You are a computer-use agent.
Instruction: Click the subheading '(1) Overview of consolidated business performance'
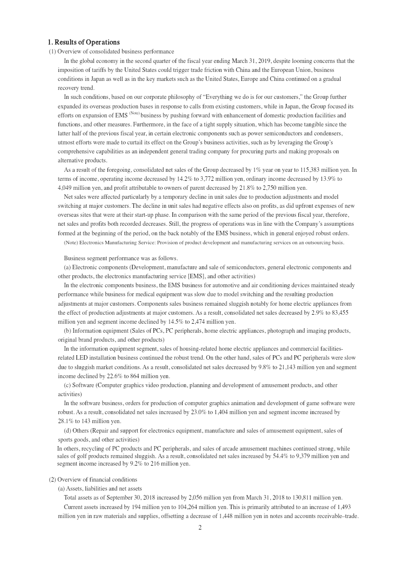coord(111,51)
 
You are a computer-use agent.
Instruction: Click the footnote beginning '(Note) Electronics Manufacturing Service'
coord(204,243)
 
